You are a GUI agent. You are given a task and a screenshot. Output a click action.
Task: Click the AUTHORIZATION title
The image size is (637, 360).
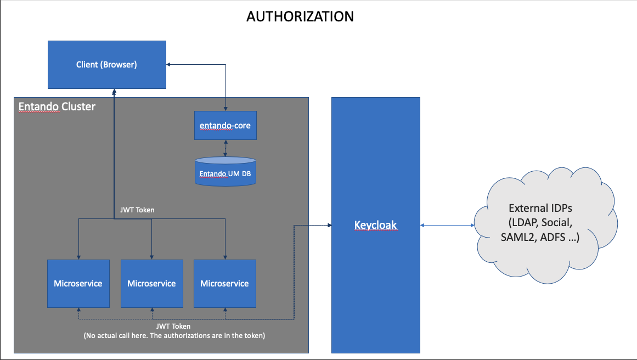tap(300, 16)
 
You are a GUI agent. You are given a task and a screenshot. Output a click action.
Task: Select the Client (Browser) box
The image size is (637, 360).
tap(106, 65)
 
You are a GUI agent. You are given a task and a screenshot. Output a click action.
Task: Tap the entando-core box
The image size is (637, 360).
tap(225, 125)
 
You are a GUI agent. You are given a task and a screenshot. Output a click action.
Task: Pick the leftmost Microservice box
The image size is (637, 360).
tap(78, 284)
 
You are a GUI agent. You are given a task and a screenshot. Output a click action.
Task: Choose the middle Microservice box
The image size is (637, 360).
tap(151, 284)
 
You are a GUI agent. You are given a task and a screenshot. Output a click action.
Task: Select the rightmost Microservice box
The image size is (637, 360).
tap(224, 284)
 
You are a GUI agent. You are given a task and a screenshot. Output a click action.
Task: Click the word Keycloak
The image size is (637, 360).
tap(375, 225)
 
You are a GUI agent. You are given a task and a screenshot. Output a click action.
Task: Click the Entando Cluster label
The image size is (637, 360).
tap(57, 106)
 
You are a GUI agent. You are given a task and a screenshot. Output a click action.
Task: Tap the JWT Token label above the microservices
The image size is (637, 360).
tap(137, 210)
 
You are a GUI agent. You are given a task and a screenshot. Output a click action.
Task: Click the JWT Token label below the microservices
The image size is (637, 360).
tap(173, 327)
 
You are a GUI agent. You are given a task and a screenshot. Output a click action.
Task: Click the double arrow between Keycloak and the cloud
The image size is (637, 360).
tap(447, 225)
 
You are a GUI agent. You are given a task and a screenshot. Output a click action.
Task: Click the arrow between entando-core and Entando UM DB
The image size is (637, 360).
tap(225, 149)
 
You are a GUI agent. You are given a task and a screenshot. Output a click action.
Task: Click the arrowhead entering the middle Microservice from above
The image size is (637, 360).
tap(151, 256)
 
